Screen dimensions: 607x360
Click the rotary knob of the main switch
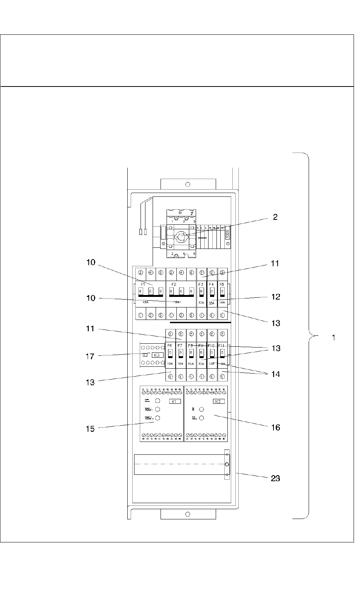[x=180, y=237]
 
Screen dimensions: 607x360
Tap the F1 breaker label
[x=143, y=284]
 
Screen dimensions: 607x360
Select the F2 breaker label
[x=174, y=284]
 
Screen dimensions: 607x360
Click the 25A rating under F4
[x=212, y=303]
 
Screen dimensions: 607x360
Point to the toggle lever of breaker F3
[x=201, y=292]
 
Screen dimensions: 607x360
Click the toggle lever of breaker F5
[x=222, y=292]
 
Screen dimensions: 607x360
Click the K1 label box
[x=175, y=402]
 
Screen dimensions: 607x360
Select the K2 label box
[x=218, y=402]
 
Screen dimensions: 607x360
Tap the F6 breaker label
[x=170, y=346]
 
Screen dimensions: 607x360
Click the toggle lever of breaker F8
[x=191, y=353]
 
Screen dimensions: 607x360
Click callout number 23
[x=275, y=478]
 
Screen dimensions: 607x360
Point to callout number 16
[x=275, y=427]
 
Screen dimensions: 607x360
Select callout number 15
[x=90, y=429]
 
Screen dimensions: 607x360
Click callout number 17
[x=90, y=356]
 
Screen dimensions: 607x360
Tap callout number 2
[x=275, y=217]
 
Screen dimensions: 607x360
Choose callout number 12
[x=276, y=297]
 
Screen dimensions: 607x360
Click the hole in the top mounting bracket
[x=188, y=184]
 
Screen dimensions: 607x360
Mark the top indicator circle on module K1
[x=158, y=400]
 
